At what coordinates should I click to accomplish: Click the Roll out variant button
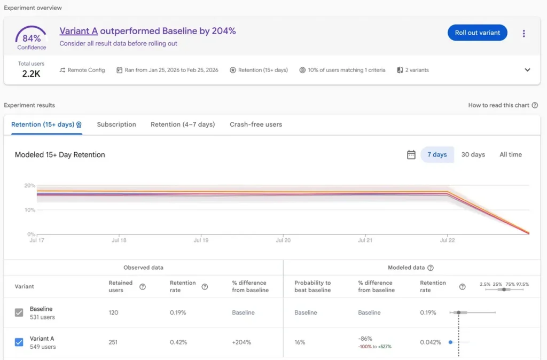coord(477,33)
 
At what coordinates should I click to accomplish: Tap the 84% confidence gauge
coord(32,37)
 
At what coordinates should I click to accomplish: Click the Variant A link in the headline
coord(79,31)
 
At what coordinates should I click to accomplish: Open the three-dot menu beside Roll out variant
coord(523,34)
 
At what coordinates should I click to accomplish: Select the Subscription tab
coord(116,124)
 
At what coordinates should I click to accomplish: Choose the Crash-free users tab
coord(256,124)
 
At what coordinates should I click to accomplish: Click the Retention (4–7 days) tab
coord(183,124)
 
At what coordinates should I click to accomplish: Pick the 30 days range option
coord(473,154)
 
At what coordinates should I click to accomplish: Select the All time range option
coord(511,154)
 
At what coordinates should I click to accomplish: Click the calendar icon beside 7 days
coord(411,155)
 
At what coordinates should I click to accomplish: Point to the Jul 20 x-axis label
coord(283,240)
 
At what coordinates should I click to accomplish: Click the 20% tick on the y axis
coord(29,186)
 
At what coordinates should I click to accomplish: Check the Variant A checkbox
coord(19,342)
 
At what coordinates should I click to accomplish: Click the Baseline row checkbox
coord(19,312)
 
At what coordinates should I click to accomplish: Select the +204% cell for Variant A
coord(241,342)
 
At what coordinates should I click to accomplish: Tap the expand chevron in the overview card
coord(527,70)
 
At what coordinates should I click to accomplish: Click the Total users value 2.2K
coord(31,74)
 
